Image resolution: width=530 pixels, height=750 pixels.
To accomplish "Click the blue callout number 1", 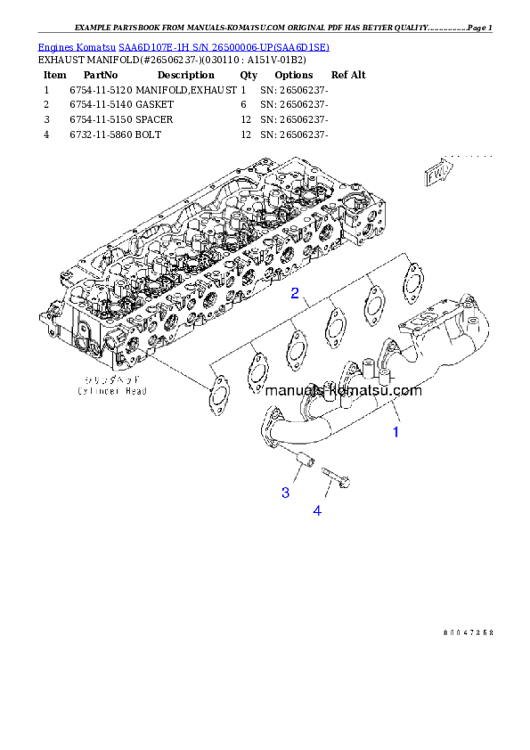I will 396,433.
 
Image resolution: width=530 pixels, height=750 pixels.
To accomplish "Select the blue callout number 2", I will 294,293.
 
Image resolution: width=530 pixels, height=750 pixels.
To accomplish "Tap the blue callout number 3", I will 285,493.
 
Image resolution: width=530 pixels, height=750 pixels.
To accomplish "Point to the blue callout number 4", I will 316,510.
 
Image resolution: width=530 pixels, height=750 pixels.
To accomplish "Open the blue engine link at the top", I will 183,46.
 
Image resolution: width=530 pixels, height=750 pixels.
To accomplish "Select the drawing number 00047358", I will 467,632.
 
